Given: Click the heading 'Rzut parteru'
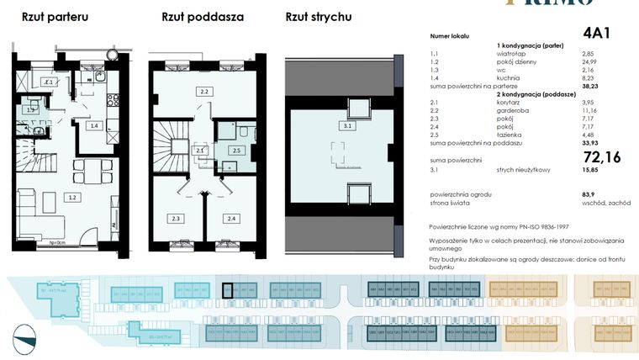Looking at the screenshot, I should pos(50,17).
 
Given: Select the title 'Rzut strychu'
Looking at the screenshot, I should pos(319,17).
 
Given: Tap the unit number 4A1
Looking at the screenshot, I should pos(597,33).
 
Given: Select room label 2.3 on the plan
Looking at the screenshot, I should pos(176,218).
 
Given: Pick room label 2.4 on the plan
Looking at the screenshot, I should pos(230,218).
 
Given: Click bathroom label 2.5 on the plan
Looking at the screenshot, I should pos(237,151).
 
